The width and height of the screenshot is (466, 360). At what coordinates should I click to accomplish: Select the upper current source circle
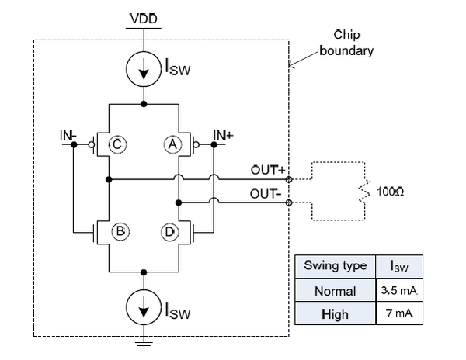pos(144,69)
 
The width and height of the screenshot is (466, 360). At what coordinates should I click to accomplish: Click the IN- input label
pos(68,136)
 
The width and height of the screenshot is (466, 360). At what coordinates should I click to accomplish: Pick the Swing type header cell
pos(335,266)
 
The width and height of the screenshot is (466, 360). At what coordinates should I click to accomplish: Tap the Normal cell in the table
pos(335,291)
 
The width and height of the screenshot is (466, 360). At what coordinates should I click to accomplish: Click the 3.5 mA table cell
pos(400,291)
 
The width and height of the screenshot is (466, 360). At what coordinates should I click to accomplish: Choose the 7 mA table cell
pos(400,314)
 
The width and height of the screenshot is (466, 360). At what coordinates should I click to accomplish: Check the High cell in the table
pos(335,314)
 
